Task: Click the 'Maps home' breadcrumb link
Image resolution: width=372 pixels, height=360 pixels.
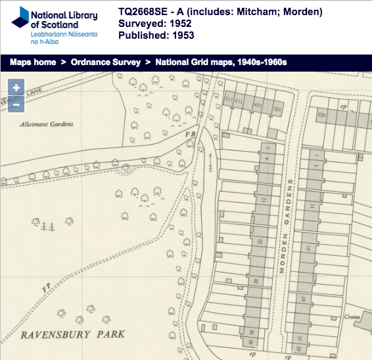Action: [32, 62]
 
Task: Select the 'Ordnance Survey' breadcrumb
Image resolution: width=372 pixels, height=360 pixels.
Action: [106, 62]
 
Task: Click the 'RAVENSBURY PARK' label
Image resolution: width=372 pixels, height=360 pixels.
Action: [72, 335]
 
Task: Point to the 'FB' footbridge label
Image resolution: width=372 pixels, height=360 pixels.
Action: [191, 135]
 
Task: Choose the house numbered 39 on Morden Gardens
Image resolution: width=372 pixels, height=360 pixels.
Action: [298, 349]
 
